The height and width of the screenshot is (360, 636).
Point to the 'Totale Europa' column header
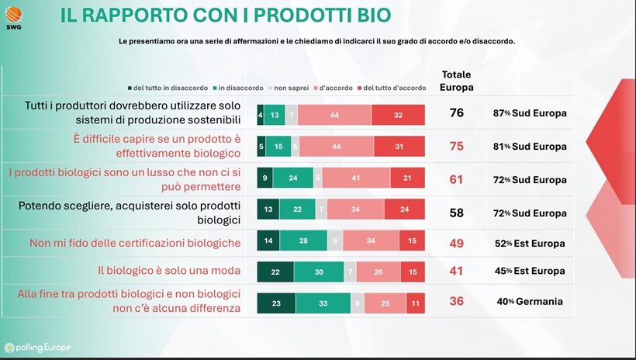456,80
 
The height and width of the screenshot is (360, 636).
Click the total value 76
456,113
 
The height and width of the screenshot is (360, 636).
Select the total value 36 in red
456,301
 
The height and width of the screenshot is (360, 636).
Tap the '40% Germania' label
530,302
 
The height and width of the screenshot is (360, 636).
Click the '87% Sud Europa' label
530,113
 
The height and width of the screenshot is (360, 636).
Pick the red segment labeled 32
398,114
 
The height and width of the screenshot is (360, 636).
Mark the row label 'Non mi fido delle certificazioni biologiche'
134,243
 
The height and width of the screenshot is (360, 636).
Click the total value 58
456,212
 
